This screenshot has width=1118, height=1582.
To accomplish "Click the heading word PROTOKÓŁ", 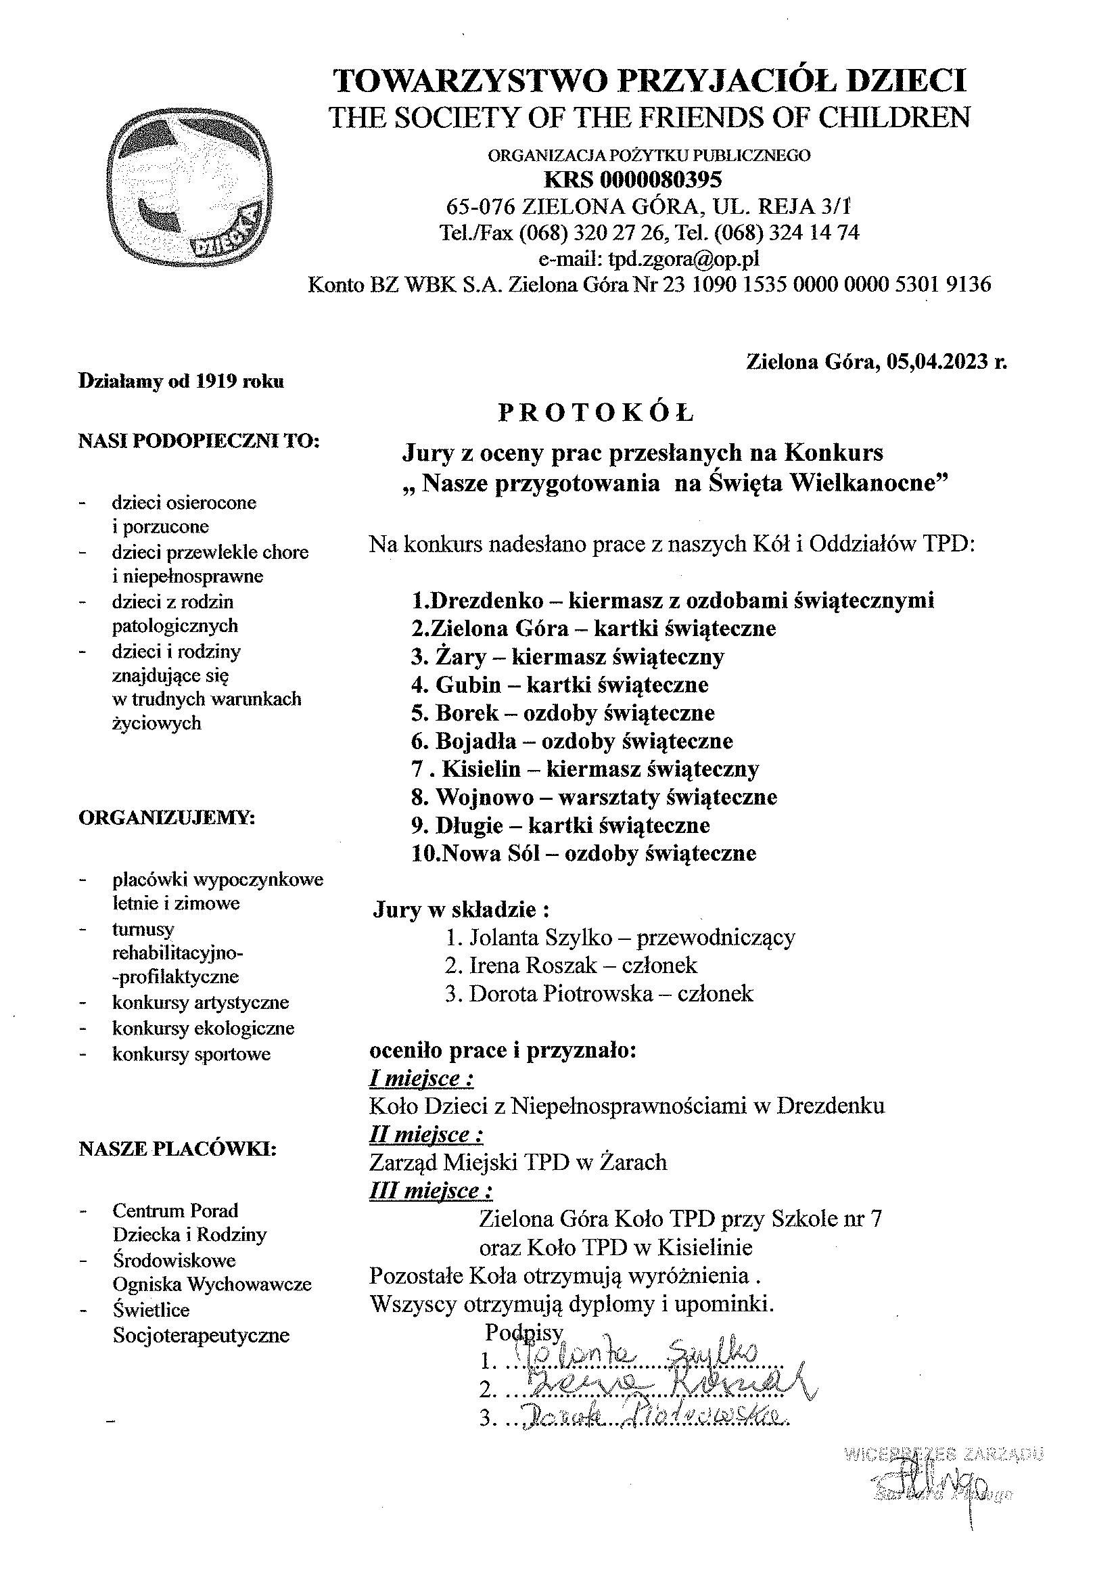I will (x=597, y=413).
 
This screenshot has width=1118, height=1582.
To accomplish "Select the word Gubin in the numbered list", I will (x=468, y=684).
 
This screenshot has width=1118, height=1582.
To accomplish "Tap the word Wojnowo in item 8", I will (x=484, y=797).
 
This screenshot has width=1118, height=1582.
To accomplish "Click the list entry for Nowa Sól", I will (x=584, y=854).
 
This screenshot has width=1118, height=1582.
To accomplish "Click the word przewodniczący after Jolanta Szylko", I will (x=716, y=937).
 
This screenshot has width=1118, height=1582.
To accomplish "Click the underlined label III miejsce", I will (x=432, y=1191).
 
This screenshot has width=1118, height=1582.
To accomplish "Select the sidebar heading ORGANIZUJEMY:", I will (x=166, y=819).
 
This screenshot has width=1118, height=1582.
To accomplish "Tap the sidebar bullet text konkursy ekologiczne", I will (x=203, y=1029).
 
